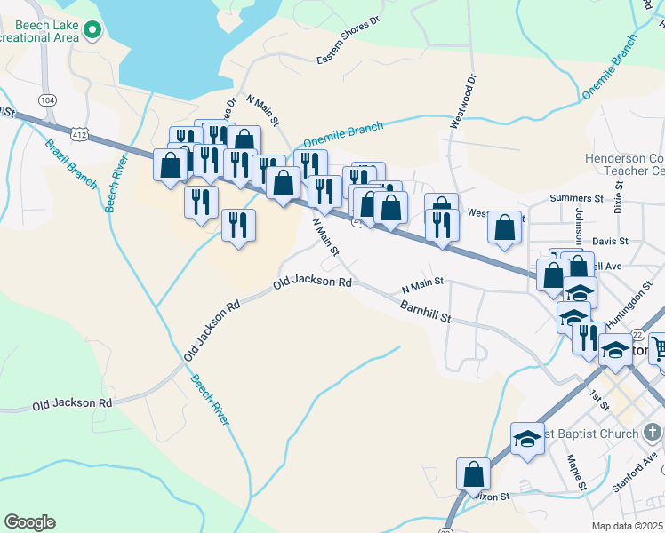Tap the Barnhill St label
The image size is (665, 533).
click(x=426, y=312)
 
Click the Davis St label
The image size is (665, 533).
click(x=610, y=241)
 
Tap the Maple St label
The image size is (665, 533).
click(x=576, y=473)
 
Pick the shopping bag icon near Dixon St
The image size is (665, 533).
click(x=474, y=473)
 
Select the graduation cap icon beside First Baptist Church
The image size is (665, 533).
click(x=527, y=438)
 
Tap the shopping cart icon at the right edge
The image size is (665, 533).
click(x=659, y=347)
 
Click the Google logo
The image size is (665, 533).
click(x=29, y=522)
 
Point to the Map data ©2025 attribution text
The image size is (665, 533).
click(x=628, y=526)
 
